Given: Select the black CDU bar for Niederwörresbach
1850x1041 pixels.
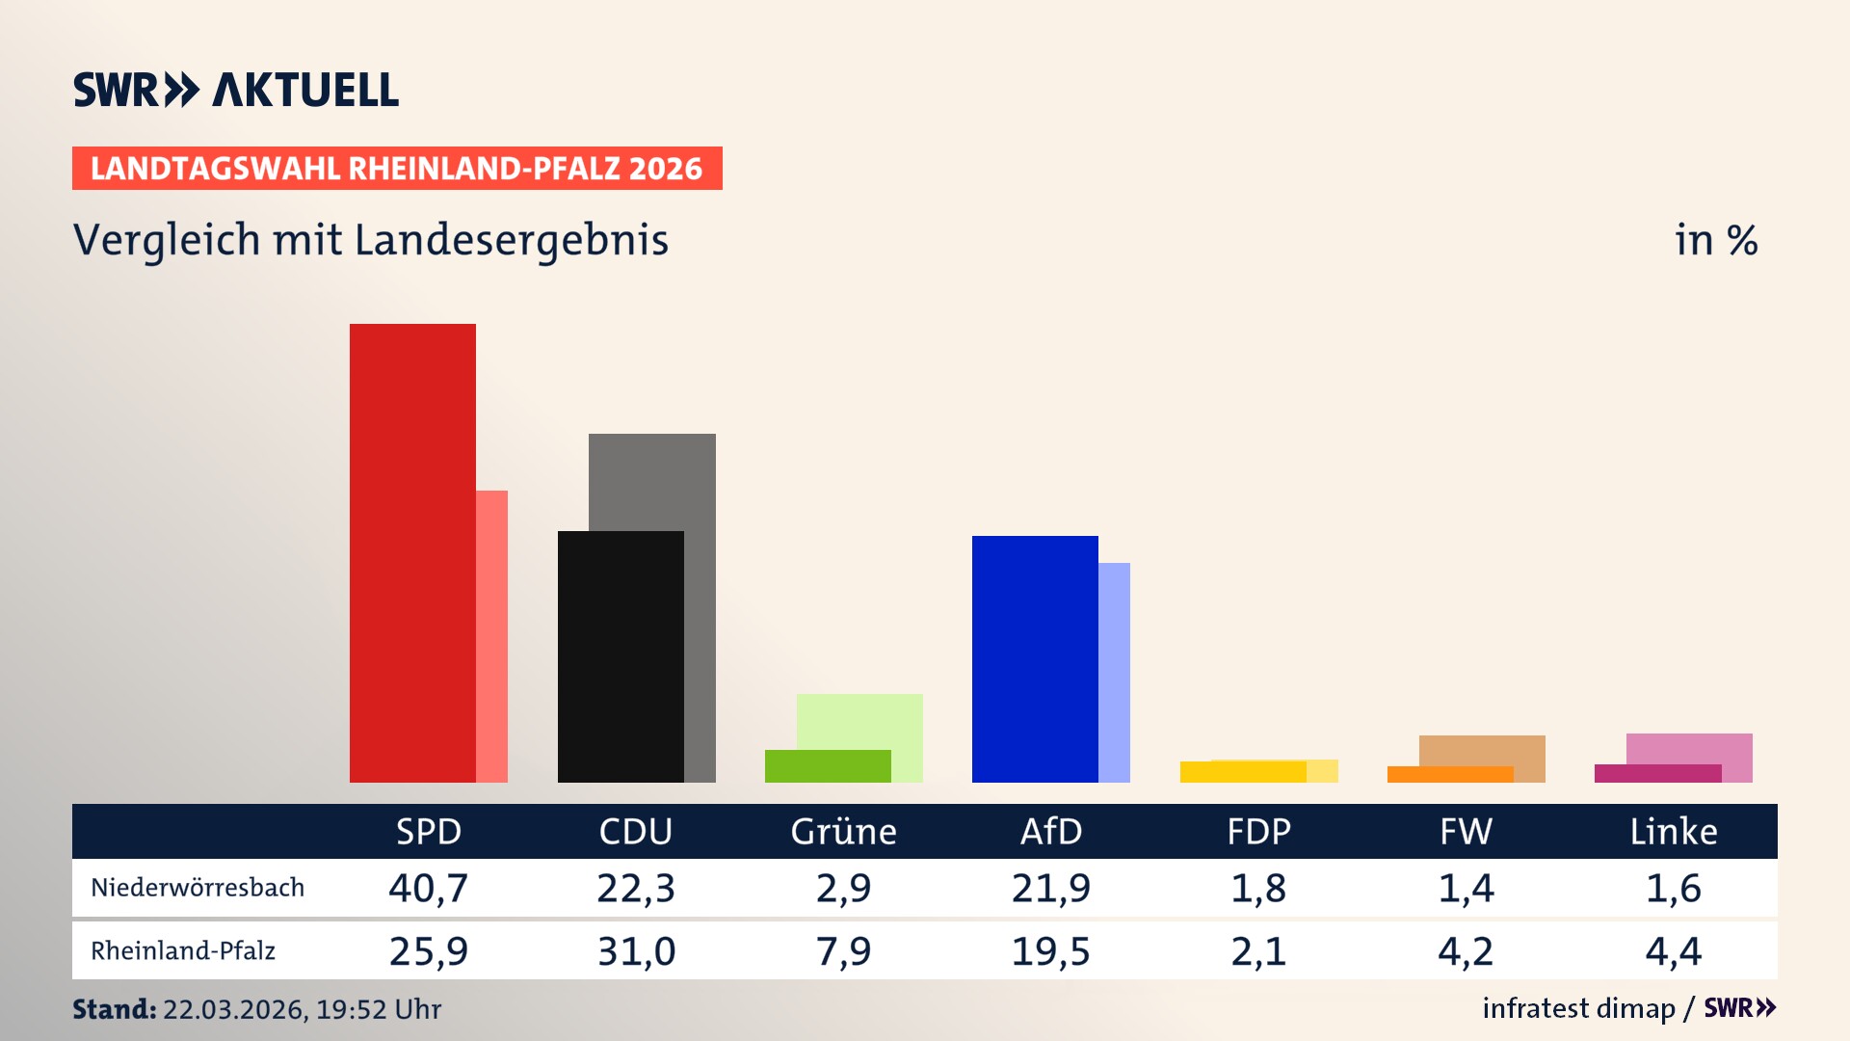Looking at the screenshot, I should click(x=621, y=656).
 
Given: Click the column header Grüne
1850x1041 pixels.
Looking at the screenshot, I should click(x=843, y=831).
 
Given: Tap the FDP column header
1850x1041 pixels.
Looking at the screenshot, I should click(x=1258, y=831).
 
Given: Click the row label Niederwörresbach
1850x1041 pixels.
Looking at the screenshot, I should click(x=198, y=888).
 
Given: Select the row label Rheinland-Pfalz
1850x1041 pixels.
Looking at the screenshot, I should click(x=183, y=951).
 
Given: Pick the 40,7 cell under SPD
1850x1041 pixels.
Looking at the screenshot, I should click(x=429, y=888).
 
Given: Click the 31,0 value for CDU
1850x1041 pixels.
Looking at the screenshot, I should click(x=636, y=951).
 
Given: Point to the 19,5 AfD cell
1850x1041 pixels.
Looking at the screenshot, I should click(x=1050, y=951).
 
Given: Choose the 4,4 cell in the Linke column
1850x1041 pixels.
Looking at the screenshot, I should click(x=1674, y=951).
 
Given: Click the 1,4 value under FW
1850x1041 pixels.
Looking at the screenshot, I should click(x=1466, y=888).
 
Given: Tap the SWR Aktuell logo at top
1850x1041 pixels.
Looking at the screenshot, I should click(x=236, y=90).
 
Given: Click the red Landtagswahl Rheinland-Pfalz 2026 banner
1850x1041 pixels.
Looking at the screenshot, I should click(x=397, y=169).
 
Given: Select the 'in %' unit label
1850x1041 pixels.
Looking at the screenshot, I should click(x=1716, y=240).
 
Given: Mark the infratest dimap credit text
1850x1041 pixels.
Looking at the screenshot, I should click(x=1578, y=1008).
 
